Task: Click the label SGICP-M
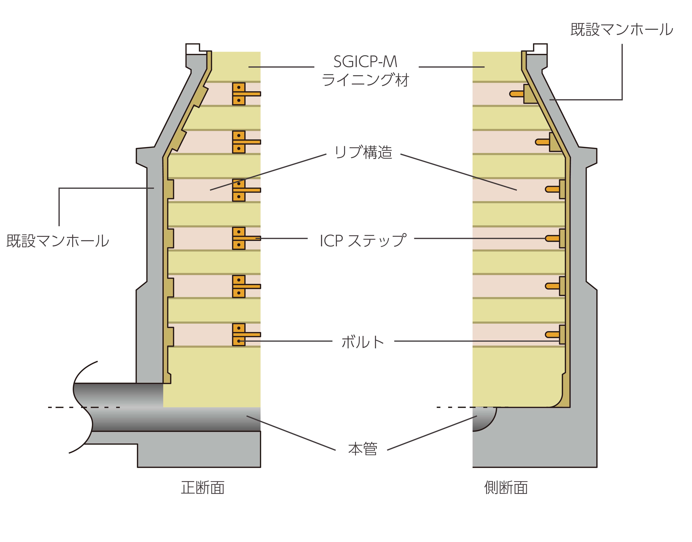(365, 62)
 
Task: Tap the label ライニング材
(365, 80)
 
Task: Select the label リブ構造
(363, 152)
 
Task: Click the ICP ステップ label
(363, 241)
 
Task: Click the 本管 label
(363, 449)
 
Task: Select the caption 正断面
(203, 488)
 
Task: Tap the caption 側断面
(506, 488)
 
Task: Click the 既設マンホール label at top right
(622, 29)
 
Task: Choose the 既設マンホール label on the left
(58, 241)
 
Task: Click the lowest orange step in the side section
(552, 335)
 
